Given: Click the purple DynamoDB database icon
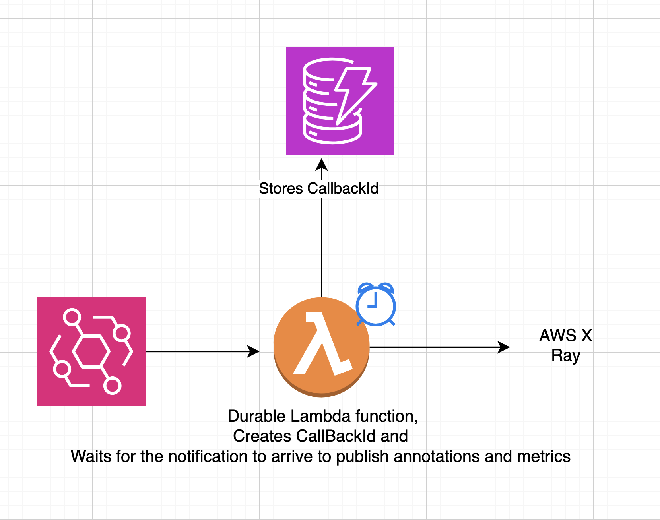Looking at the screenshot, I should point(340,101).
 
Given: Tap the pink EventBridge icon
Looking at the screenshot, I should point(91,351).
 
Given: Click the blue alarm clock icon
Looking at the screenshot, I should point(376,305).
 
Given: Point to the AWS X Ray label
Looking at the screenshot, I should point(565,345).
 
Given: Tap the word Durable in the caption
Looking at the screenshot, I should point(256,416).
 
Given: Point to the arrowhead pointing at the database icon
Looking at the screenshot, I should point(321,164).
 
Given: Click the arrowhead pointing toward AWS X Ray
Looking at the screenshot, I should point(504,347).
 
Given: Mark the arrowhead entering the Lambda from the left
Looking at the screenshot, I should point(254,351).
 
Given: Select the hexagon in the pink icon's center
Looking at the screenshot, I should point(91,351).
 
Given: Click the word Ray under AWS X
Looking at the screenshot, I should point(565,355).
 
